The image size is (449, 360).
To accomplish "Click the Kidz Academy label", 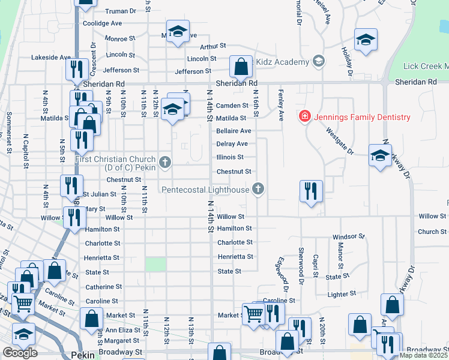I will (282, 62).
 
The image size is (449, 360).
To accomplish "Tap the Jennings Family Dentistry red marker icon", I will (305, 116).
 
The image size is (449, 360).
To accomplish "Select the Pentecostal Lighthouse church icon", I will (258, 190).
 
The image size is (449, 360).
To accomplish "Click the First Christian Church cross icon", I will (165, 161).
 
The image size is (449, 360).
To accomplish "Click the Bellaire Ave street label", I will (234, 131).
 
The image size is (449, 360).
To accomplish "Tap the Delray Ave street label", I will (232, 144).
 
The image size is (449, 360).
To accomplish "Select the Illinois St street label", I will (230, 158).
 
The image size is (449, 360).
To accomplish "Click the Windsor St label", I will (349, 237).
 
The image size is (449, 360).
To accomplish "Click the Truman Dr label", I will (121, 11).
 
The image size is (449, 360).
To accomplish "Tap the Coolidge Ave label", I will (102, 23).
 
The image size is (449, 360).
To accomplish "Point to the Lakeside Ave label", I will (52, 58).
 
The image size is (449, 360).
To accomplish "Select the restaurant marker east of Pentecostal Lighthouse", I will (311, 191).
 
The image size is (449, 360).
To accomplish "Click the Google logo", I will (20, 353).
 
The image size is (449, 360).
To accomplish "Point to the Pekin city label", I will (82, 355).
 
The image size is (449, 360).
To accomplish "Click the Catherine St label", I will (104, 287).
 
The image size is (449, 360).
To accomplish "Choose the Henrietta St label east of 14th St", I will (235, 257).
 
